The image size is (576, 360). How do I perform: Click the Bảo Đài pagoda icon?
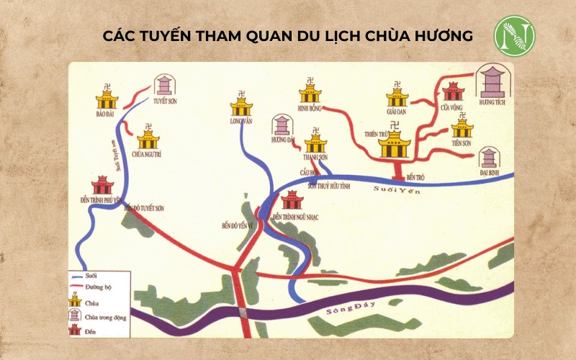pyautogui.click(x=107, y=97)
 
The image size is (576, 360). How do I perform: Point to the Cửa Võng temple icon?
pyautogui.click(x=453, y=91)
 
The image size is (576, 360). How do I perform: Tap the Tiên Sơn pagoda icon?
pyautogui.click(x=462, y=128)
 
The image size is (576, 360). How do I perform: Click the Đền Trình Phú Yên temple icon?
pyautogui.click(x=102, y=184)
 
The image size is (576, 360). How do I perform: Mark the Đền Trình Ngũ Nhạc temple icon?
pyautogui.click(x=292, y=199)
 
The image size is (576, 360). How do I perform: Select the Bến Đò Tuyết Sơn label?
pyautogui.click(x=144, y=208)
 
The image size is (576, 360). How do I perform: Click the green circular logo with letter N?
pyautogui.click(x=514, y=35)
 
